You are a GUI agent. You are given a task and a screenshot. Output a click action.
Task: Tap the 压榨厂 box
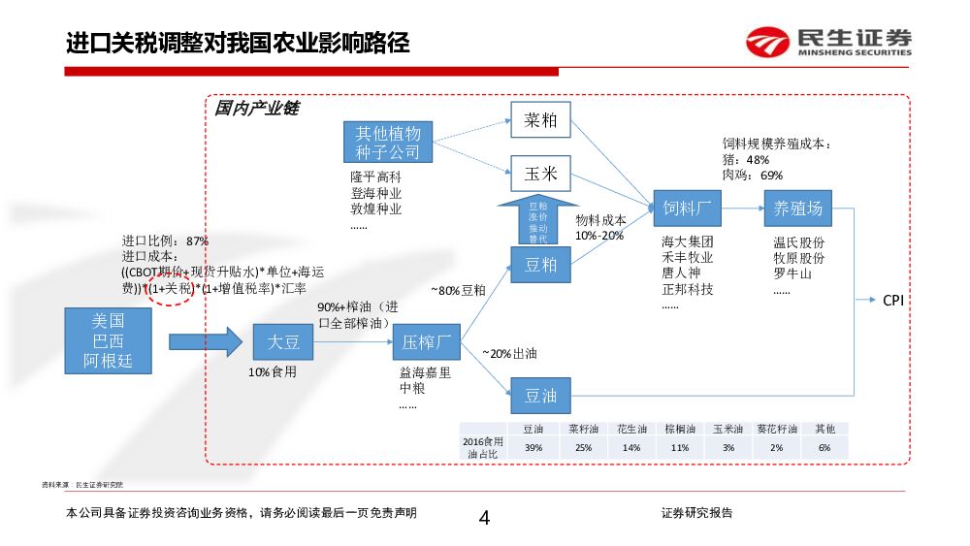(425, 341)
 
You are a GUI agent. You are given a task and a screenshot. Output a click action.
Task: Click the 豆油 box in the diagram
(540, 396)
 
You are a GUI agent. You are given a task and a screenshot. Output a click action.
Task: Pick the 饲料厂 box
(688, 208)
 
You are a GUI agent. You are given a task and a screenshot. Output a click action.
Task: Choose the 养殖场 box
(797, 208)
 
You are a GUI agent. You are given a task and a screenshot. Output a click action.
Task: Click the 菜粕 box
(540, 120)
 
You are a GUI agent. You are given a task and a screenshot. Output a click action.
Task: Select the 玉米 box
(540, 174)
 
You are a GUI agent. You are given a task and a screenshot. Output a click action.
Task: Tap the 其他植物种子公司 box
(387, 143)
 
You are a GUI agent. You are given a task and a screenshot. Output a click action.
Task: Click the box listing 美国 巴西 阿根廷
(108, 341)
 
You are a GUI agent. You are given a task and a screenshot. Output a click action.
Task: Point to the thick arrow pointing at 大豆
(205, 341)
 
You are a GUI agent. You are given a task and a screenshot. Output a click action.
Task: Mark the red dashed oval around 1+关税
(171, 288)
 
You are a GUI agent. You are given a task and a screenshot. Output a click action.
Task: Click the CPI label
(892, 301)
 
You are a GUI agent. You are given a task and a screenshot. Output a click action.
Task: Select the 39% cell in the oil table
(533, 447)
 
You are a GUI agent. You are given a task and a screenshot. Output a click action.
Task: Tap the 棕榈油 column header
(679, 429)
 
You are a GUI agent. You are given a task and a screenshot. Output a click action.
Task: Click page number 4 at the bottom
(484, 518)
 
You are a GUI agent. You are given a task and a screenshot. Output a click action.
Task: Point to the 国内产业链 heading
(256, 109)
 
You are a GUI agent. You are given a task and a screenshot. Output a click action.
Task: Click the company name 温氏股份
(798, 242)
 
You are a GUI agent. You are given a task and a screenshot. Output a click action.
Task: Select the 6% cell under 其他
(824, 447)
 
